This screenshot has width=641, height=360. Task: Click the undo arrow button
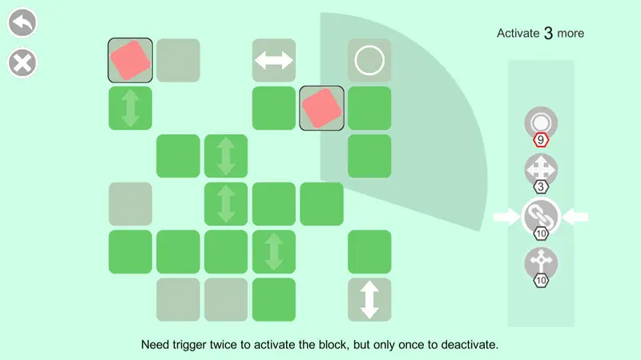[x=22, y=22]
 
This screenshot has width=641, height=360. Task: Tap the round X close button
[x=22, y=63]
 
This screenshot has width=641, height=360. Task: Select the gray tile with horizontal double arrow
[x=274, y=61]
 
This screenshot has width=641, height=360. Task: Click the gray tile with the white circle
[x=369, y=61]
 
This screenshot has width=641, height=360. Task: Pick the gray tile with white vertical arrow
[x=369, y=300]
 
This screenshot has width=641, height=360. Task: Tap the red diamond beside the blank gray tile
[x=131, y=61]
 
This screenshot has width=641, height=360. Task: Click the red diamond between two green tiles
[x=322, y=108]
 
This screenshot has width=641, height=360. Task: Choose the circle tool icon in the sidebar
[x=541, y=123]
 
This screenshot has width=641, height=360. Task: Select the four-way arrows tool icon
[x=541, y=169]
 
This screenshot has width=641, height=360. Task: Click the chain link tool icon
[x=541, y=216]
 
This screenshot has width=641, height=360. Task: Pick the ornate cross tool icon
[x=541, y=263]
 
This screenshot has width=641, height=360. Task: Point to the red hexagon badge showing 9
[x=541, y=140]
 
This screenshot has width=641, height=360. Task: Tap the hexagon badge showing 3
[x=541, y=187]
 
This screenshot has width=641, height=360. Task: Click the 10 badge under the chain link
[x=541, y=233]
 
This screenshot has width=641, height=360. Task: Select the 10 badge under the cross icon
[x=541, y=281]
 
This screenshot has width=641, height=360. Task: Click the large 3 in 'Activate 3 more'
[x=548, y=33]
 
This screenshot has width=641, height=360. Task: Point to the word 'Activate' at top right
[x=518, y=33]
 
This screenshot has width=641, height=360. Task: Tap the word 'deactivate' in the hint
[x=469, y=345]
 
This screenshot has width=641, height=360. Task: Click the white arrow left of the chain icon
[x=507, y=216]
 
